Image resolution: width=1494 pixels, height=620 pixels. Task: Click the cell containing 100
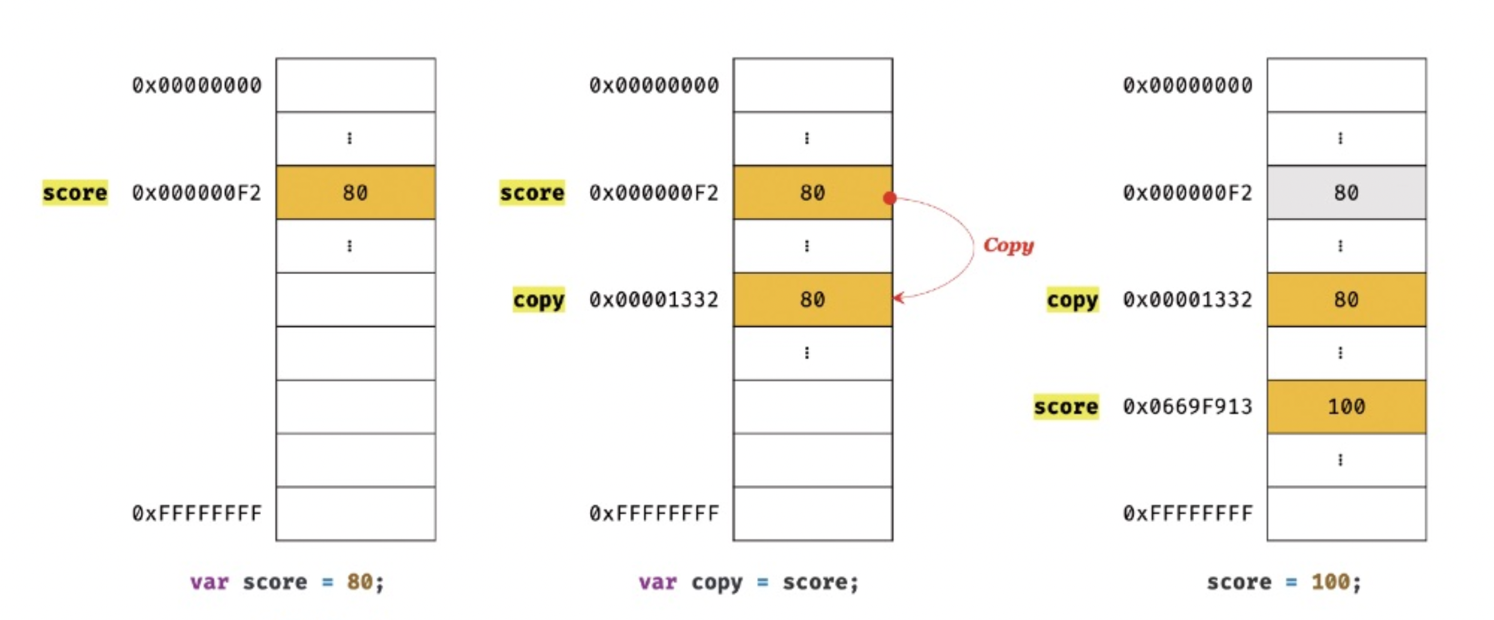click(x=1346, y=406)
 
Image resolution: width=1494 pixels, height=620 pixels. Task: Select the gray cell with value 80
click(x=1346, y=192)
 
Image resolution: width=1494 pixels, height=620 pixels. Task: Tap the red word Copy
click(x=1009, y=245)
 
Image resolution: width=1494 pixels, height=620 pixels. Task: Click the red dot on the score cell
click(x=890, y=198)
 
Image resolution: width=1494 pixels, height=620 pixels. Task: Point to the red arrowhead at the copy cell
click(x=898, y=297)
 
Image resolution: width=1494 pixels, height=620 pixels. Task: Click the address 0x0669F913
click(x=1187, y=406)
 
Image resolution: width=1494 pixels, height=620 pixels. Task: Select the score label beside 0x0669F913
click(x=1065, y=406)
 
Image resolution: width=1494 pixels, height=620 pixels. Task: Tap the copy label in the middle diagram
click(x=538, y=300)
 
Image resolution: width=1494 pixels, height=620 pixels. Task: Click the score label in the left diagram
click(x=74, y=192)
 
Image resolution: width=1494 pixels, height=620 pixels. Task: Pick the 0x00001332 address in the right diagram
click(x=1187, y=299)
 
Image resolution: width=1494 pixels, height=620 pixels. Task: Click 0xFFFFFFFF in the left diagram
click(x=196, y=514)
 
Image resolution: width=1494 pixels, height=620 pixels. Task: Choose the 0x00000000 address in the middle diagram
click(x=654, y=85)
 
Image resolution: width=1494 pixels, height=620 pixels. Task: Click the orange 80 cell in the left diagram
click(x=356, y=192)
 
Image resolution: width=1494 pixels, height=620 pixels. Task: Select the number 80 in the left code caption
click(x=359, y=582)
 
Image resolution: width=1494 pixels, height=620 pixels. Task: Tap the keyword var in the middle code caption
click(x=657, y=582)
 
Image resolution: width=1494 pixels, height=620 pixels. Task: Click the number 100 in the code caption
click(x=1330, y=582)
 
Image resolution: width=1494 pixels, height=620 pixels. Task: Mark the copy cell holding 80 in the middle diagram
click(x=813, y=299)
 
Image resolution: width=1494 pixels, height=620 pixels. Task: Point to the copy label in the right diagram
click(x=1072, y=300)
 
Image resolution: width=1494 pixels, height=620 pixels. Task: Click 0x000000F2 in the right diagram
click(x=1187, y=192)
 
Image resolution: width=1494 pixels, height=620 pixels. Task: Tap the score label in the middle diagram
click(x=532, y=192)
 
